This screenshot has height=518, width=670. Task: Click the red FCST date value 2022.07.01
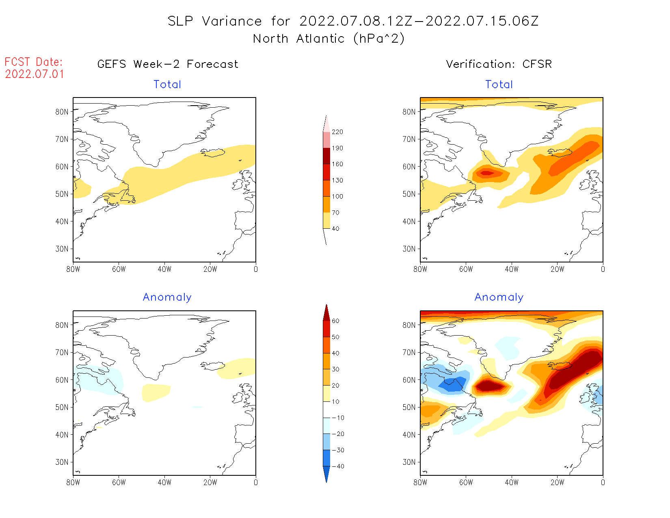tap(35, 74)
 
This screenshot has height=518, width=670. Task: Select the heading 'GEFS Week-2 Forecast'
tap(168, 64)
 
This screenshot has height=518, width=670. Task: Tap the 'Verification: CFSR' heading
tap(499, 64)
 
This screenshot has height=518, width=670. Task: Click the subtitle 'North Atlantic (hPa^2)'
tap(329, 39)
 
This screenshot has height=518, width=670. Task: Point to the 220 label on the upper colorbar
tap(337, 132)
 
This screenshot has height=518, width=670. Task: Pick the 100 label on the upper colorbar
tap(337, 196)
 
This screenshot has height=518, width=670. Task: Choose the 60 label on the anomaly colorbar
tap(335, 321)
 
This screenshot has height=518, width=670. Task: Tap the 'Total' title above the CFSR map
tap(499, 85)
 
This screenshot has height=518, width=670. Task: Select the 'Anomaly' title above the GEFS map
tap(167, 297)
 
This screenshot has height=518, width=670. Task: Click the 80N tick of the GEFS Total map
tap(62, 112)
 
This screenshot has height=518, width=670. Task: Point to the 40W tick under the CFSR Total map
tap(512, 269)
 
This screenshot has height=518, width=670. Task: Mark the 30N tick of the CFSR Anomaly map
tap(409, 462)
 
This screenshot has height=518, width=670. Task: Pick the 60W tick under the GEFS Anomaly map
tap(119, 482)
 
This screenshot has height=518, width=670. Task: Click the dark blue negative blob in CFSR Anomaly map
tap(453, 384)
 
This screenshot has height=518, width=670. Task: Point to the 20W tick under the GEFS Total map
tap(210, 269)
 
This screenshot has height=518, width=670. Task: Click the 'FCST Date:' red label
tap(34, 62)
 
